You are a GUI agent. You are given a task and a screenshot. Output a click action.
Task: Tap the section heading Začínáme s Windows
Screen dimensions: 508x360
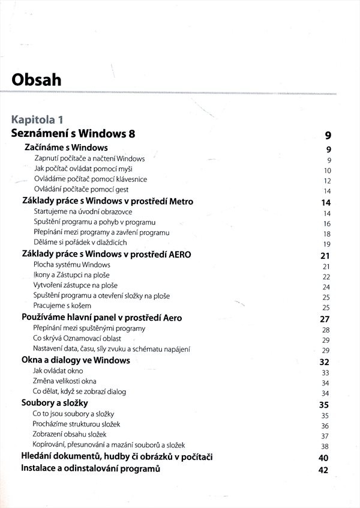(66, 147)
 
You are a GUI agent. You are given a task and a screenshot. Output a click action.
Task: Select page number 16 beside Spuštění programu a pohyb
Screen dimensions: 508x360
(327, 223)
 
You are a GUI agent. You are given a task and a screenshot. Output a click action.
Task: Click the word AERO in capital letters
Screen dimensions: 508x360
(178, 254)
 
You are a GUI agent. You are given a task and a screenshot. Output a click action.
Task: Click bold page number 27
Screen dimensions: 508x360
(326, 319)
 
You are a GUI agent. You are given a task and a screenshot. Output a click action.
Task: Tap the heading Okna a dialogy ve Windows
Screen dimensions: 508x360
(76, 360)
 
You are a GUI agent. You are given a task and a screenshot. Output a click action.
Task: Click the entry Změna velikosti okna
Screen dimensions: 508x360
(65, 381)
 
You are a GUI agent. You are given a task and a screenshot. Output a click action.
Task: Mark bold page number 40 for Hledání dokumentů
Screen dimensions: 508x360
(325, 458)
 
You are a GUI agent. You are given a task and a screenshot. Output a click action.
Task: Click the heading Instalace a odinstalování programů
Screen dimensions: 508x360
(91, 468)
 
